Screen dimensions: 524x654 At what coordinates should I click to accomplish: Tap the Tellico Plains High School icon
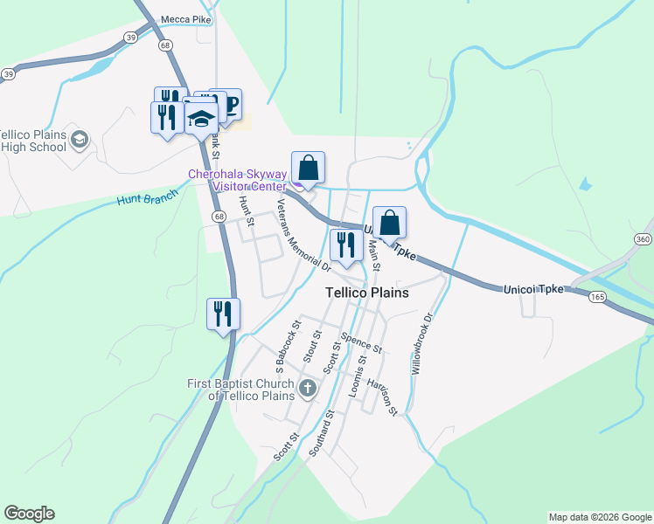point(80,139)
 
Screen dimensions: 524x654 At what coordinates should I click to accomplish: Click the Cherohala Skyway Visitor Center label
point(237,180)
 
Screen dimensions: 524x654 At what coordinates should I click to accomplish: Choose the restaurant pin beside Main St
point(346,245)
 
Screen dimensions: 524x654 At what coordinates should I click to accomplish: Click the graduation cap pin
point(201,120)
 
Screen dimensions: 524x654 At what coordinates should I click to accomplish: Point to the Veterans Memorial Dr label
point(303,234)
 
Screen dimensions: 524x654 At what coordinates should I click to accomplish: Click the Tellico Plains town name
point(366,293)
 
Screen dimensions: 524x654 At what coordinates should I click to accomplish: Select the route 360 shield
point(644,239)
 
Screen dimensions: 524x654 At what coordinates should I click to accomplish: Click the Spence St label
point(361,342)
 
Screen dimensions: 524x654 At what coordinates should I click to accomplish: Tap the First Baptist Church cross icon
point(307,388)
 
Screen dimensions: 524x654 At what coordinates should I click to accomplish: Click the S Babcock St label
point(288,344)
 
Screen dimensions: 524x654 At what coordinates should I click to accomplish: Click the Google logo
point(29,514)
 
